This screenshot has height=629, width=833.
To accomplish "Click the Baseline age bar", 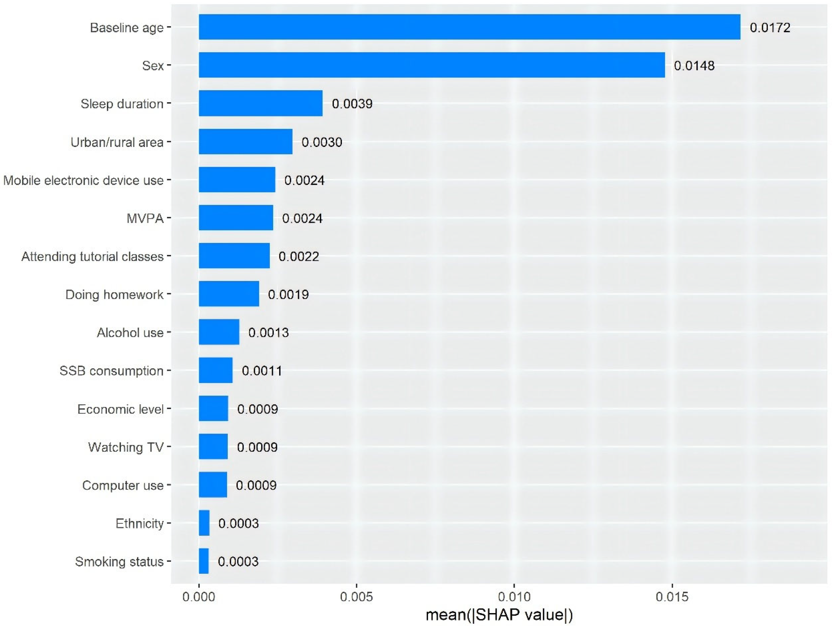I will [x=469, y=27].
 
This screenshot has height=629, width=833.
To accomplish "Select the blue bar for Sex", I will [x=432, y=65].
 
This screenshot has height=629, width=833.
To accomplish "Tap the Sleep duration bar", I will [x=261, y=103].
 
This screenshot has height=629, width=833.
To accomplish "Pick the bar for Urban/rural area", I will [x=245, y=142].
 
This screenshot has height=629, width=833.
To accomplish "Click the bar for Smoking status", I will [x=204, y=561].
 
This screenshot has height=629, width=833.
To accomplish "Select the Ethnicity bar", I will [x=204, y=523].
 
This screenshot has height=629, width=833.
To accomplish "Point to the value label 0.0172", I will [x=770, y=27].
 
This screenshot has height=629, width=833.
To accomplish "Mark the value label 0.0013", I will [x=269, y=333].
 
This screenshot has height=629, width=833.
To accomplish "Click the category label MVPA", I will [x=145, y=218].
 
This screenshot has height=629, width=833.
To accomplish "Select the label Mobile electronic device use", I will [x=83, y=180].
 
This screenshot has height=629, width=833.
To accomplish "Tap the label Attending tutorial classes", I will [x=92, y=257].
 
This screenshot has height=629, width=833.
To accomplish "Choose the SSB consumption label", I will [x=111, y=371].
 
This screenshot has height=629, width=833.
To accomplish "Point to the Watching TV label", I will [x=126, y=447].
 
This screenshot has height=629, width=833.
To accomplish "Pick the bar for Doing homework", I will [x=229, y=294].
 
